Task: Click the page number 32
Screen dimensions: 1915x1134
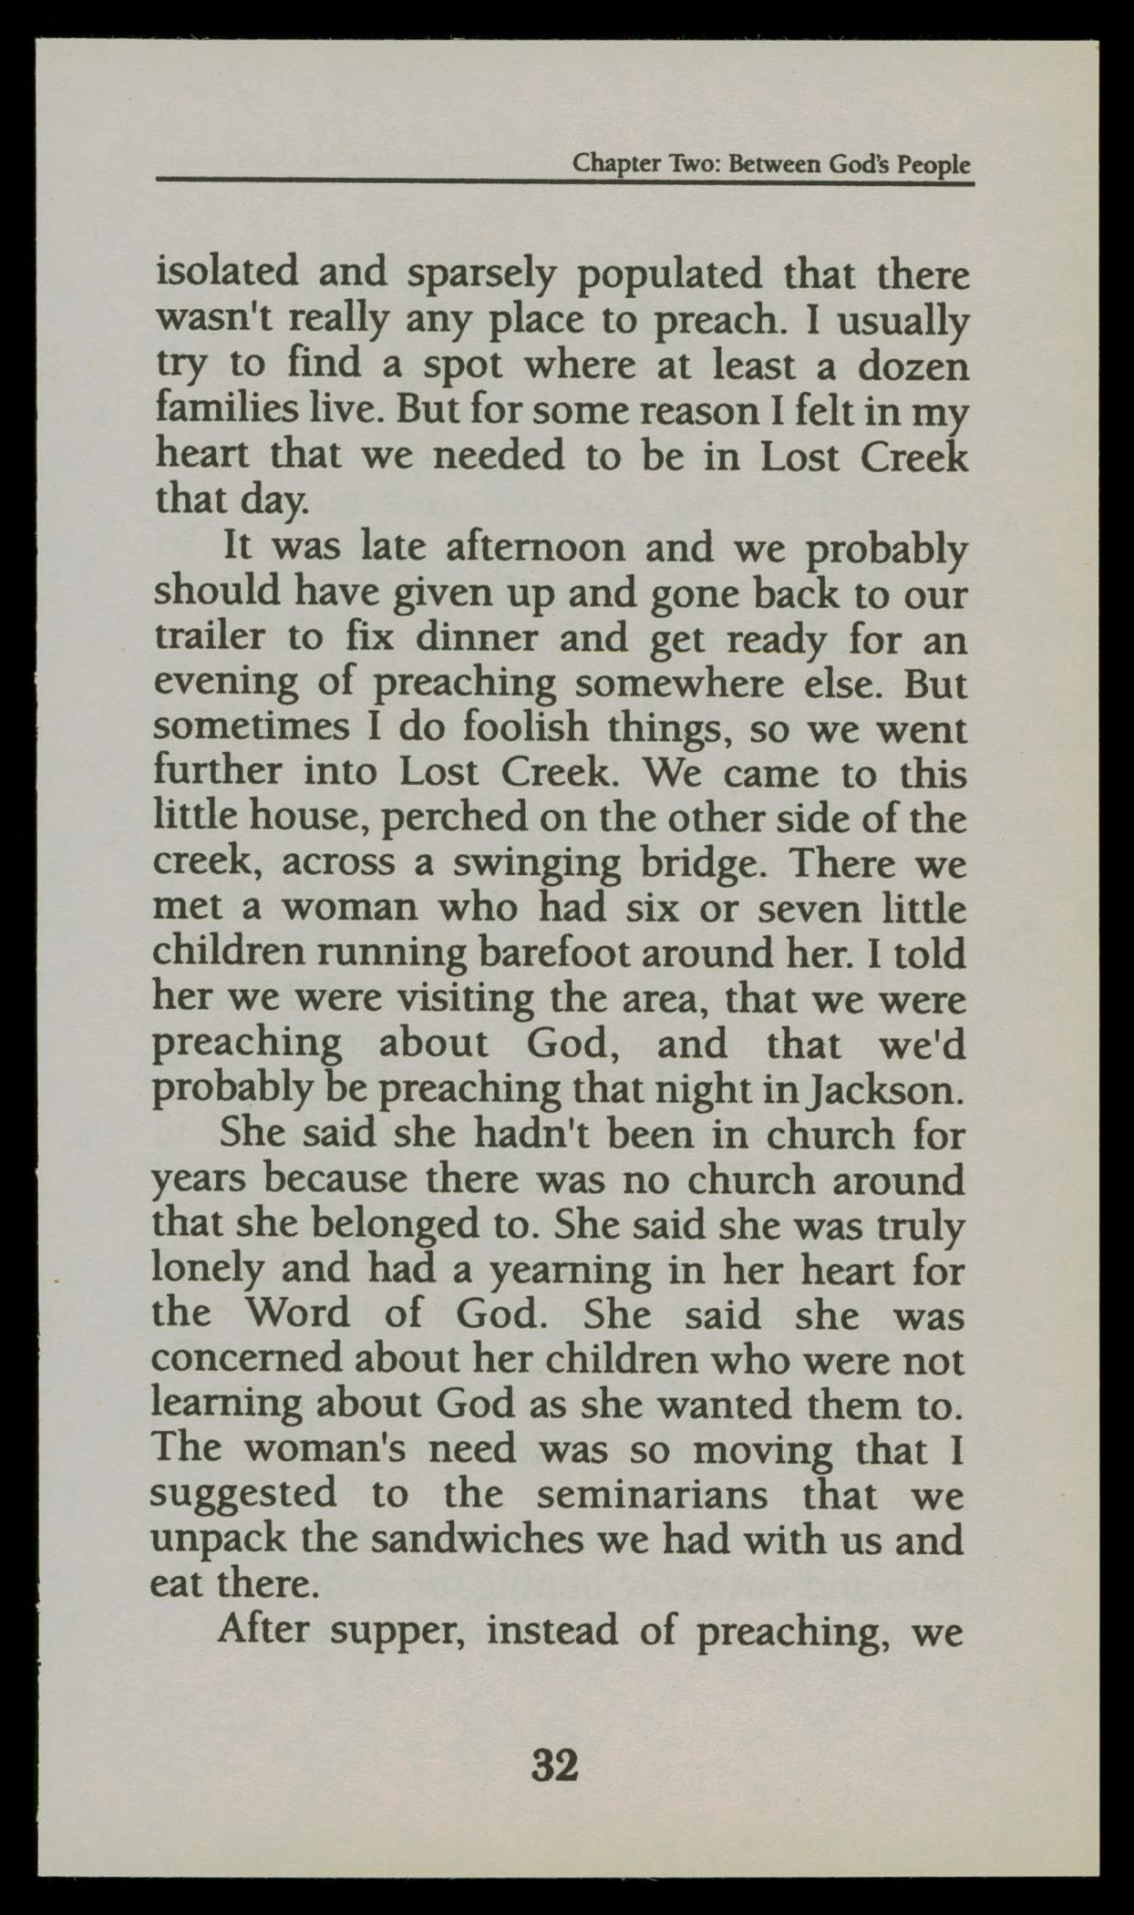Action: pyautogui.click(x=554, y=1766)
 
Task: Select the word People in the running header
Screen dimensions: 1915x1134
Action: pyautogui.click(x=934, y=165)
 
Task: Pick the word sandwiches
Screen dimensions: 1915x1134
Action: pyautogui.click(x=483, y=1539)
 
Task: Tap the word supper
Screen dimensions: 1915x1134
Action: pyautogui.click(x=397, y=1631)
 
